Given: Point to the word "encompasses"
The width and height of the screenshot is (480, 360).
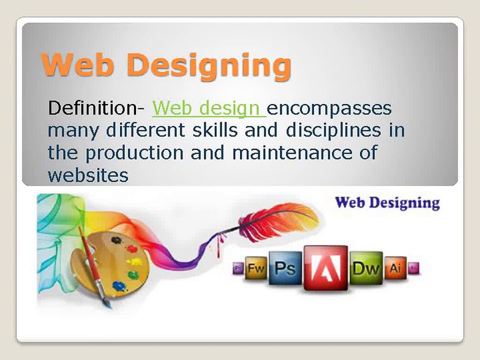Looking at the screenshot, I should tap(330, 108).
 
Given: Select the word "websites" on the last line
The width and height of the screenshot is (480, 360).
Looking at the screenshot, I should tap(88, 175).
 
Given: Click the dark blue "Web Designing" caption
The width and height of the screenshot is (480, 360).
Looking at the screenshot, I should tap(386, 202).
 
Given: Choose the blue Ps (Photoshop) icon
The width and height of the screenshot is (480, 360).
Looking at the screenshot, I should tap(285, 268).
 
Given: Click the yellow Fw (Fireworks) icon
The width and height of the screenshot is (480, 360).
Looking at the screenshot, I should tap(256, 268).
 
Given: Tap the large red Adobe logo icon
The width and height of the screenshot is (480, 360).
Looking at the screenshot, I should tap(325, 268).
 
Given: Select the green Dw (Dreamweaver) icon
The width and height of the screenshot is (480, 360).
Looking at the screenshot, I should tap(366, 268).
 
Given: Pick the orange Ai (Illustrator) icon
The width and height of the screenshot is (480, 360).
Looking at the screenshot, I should tap(395, 268).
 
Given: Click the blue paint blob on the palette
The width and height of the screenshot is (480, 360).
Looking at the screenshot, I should tap(119, 285).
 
